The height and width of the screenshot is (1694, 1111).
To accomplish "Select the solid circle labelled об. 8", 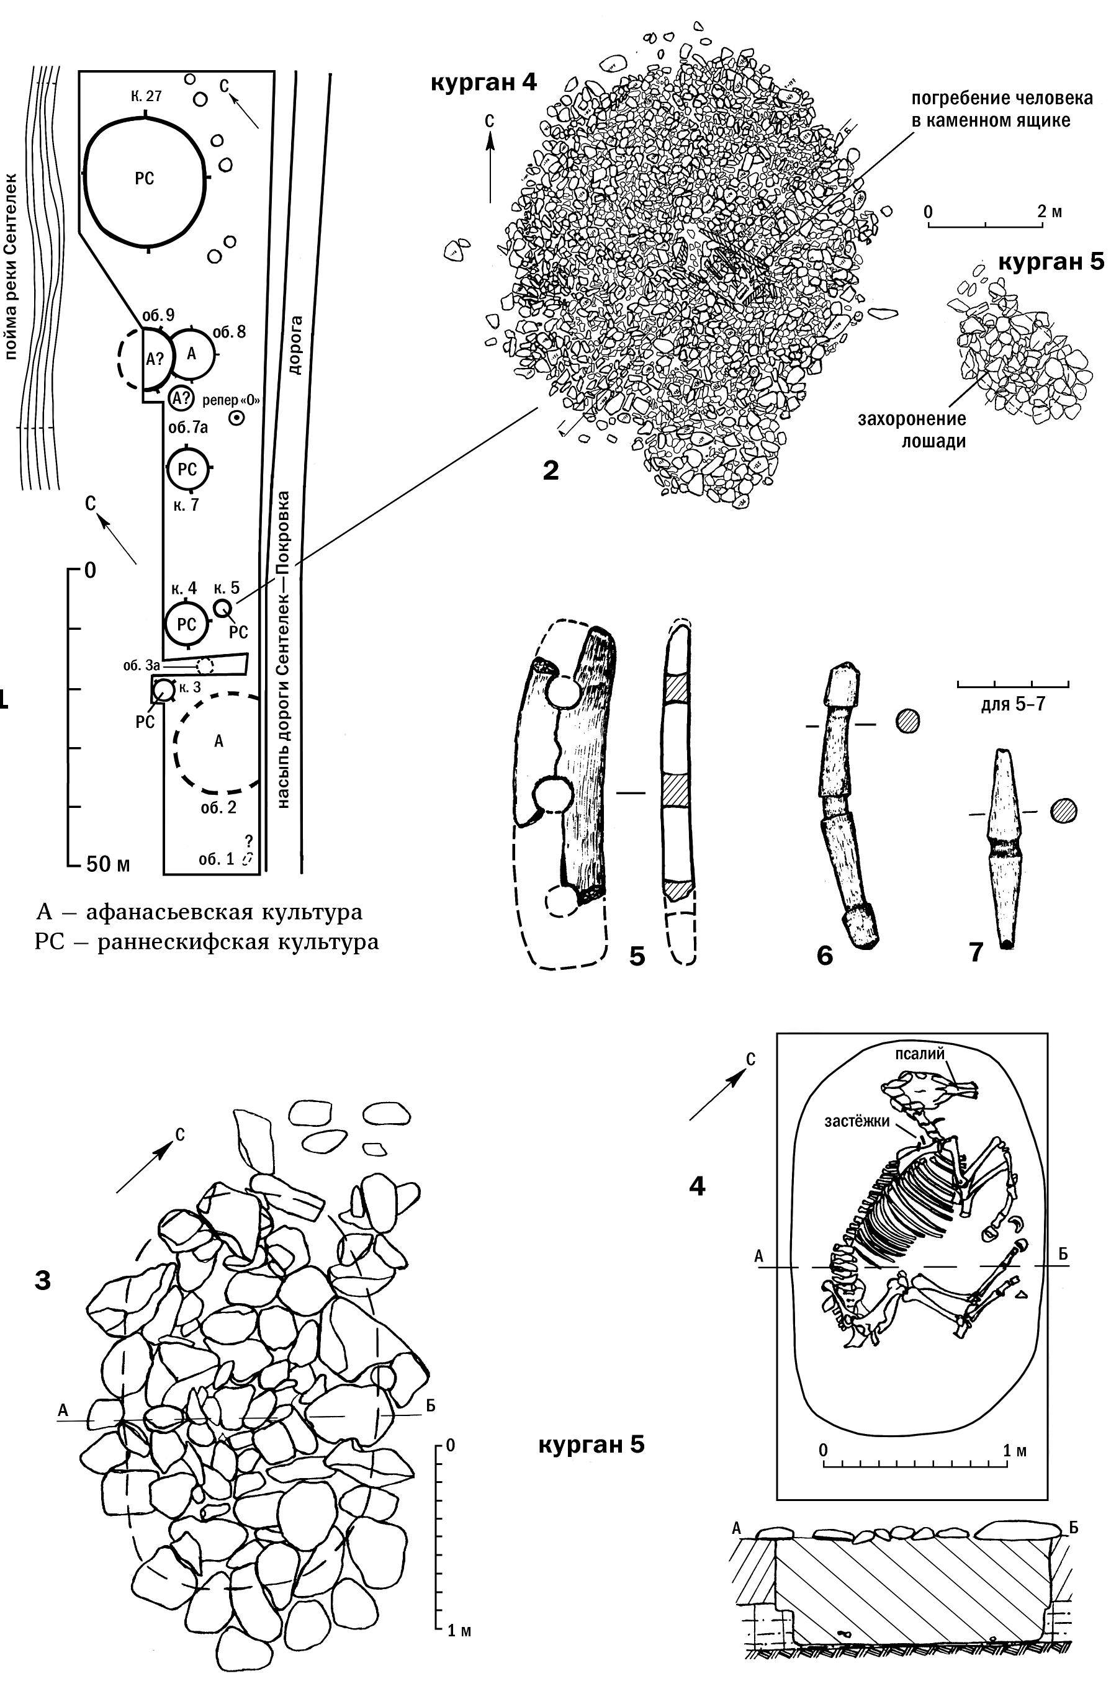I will tap(191, 354).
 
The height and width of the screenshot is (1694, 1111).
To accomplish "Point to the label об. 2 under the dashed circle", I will tap(218, 807).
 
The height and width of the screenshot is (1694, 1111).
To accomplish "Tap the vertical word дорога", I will tap(295, 345).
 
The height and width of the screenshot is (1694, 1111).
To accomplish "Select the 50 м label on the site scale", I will tap(107, 864).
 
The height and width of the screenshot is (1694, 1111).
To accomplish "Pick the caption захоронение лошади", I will tap(911, 430).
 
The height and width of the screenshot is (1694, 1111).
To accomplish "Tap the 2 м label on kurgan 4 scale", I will tap(1049, 212).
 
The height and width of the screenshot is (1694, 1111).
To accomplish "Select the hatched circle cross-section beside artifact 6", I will tap(907, 721).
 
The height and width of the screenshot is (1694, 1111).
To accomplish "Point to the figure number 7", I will tap(976, 952).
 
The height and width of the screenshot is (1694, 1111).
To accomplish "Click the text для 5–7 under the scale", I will tap(1012, 705).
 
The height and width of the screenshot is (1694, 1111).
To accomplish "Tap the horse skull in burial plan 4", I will tap(929, 1090).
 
